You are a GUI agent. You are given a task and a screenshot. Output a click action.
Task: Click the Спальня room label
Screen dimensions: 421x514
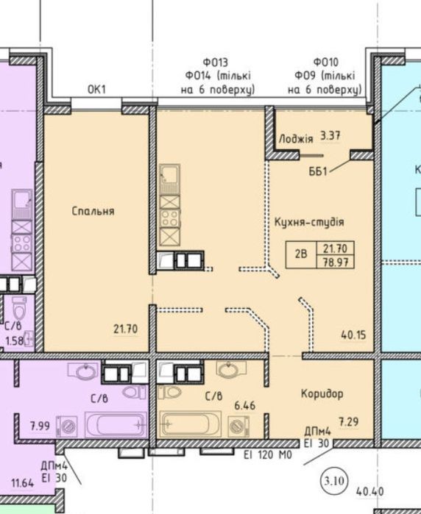(x=93, y=211)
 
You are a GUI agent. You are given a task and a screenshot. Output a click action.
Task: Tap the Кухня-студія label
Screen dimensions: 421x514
(x=309, y=222)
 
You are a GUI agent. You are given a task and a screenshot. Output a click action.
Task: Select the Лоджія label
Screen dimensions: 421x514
(x=296, y=139)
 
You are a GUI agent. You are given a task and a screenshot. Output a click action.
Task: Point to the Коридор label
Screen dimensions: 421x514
(x=322, y=393)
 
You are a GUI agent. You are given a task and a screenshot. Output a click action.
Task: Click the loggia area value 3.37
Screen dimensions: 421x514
(x=330, y=136)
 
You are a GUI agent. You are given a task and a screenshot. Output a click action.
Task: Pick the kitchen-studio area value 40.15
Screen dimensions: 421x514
(x=353, y=335)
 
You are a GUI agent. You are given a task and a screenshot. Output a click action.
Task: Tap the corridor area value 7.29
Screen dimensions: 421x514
(x=348, y=421)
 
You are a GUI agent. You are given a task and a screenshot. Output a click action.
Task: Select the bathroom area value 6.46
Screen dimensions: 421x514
(x=244, y=406)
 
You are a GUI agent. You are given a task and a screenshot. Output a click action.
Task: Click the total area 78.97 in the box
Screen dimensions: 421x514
(x=335, y=263)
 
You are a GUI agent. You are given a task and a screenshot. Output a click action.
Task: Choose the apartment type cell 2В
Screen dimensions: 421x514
(x=300, y=254)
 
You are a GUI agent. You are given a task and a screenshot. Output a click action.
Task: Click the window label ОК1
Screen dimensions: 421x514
(x=97, y=89)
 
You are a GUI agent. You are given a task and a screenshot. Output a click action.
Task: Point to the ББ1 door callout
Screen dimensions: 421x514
(x=318, y=171)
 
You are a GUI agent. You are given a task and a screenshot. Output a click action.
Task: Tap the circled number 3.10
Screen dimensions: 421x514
(x=334, y=481)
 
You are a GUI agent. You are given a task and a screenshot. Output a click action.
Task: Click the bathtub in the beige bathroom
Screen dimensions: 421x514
(x=191, y=424)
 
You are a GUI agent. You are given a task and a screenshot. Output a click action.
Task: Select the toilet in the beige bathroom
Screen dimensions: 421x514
(x=170, y=392)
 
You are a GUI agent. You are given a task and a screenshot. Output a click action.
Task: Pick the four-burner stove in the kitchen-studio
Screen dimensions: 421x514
(x=169, y=218)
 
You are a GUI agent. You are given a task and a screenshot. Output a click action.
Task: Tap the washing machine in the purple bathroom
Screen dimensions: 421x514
(x=67, y=426)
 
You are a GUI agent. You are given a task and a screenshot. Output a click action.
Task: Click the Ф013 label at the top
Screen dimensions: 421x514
(x=215, y=62)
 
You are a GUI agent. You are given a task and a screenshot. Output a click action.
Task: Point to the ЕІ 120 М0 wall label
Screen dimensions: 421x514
(x=268, y=455)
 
